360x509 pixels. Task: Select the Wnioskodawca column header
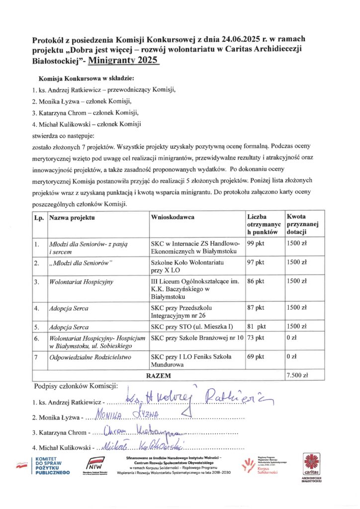click(172, 217)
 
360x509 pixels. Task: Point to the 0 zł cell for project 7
click(291, 357)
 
